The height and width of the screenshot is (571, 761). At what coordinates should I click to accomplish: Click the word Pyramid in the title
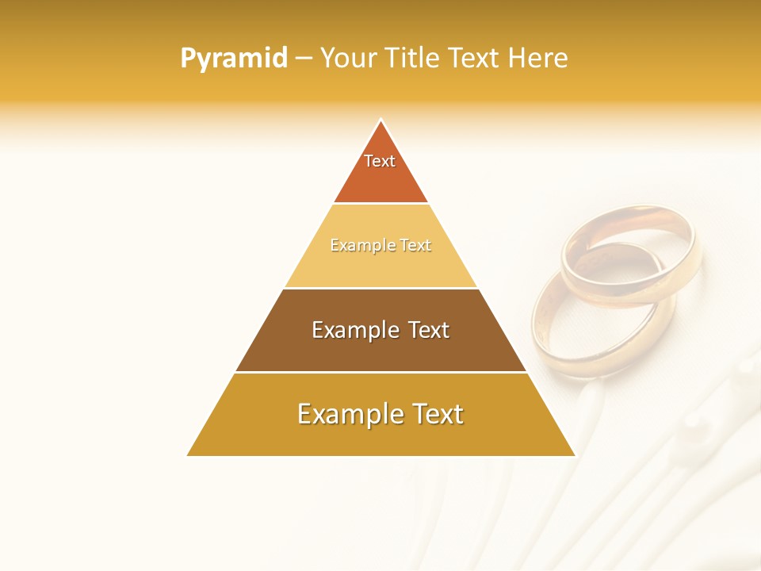[234, 58]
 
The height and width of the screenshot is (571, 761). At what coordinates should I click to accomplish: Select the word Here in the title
[538, 58]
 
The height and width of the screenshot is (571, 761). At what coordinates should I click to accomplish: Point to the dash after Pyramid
[304, 58]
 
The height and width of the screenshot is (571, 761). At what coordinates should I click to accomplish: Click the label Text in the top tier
[380, 161]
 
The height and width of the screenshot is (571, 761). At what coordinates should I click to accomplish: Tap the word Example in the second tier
[360, 246]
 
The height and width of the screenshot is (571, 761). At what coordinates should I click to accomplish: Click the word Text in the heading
[476, 58]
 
